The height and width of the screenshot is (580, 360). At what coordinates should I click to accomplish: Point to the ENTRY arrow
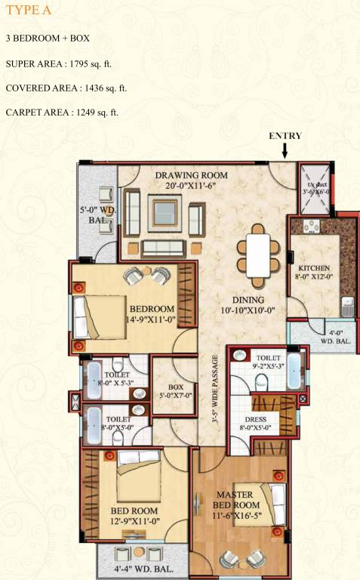pyautogui.click(x=285, y=150)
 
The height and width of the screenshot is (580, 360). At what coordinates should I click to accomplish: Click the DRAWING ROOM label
pyautogui.click(x=191, y=175)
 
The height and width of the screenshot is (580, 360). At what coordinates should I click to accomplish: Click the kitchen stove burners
pyautogui.click(x=312, y=225)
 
